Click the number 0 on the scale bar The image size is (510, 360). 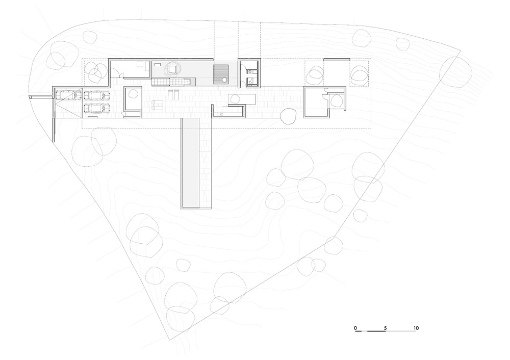click(x=355, y=328)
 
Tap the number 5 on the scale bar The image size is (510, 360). click(x=385, y=328)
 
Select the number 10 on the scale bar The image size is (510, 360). click(x=416, y=328)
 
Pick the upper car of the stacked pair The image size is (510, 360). click(x=96, y=96)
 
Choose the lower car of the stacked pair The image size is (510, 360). click(x=96, y=108)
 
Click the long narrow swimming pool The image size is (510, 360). click(x=190, y=163)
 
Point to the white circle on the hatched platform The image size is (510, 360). click(x=224, y=80)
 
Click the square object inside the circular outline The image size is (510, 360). click(x=171, y=69)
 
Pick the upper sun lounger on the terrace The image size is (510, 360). click(x=158, y=103)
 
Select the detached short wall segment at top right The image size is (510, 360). click(x=337, y=60)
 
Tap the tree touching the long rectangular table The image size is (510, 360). click(x=288, y=116)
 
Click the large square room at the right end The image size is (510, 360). click(x=316, y=102)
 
